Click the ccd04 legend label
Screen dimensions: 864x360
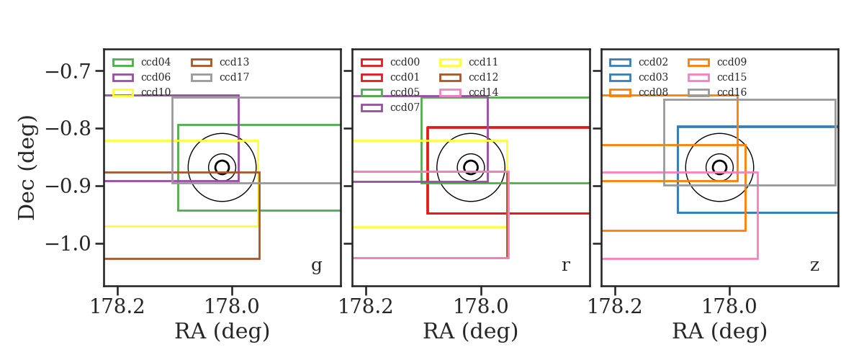coord(156,62)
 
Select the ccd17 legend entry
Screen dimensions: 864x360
coord(234,77)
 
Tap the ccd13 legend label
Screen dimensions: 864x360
coord(234,62)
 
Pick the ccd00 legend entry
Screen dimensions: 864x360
coord(405,62)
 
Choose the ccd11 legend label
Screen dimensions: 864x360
coord(483,62)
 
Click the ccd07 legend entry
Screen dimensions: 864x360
coord(405,107)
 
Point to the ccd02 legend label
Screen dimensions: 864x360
coord(654,62)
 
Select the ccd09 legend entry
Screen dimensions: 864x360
coord(732,62)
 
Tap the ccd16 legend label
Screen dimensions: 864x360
coord(732,92)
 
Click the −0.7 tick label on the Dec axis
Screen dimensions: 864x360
coord(68,72)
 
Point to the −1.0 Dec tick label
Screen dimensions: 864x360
coord(68,244)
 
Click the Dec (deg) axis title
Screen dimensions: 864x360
coord(27,168)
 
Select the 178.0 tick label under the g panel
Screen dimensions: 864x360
coord(231,307)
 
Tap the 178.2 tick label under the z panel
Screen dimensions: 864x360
coord(614,307)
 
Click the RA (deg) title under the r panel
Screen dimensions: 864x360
coord(471,331)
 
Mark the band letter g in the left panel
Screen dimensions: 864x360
coord(316,266)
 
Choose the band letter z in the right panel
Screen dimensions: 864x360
coord(814,266)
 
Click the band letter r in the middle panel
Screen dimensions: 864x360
coord(565,266)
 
